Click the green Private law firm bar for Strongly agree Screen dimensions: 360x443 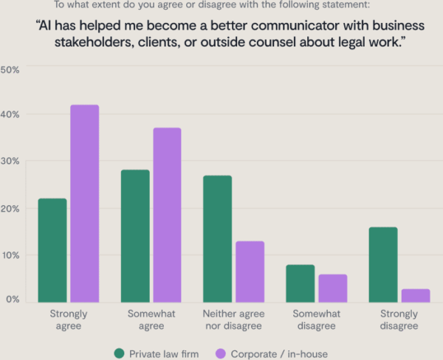52,251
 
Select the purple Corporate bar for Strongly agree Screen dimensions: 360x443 84,204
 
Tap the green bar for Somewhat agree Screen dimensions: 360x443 135,236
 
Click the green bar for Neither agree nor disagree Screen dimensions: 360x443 217,239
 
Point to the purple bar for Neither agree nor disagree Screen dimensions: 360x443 250,271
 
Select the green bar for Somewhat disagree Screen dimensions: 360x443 300,283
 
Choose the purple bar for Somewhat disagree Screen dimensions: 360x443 332,288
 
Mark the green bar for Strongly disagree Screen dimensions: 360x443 382,265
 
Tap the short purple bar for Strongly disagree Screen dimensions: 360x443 415,295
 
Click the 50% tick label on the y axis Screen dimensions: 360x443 10,69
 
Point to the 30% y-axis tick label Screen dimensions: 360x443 10,161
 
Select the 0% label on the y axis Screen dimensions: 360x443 13,299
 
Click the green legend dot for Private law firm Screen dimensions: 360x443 119,353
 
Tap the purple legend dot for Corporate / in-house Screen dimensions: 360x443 219,353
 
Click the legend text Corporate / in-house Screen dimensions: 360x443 279,353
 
